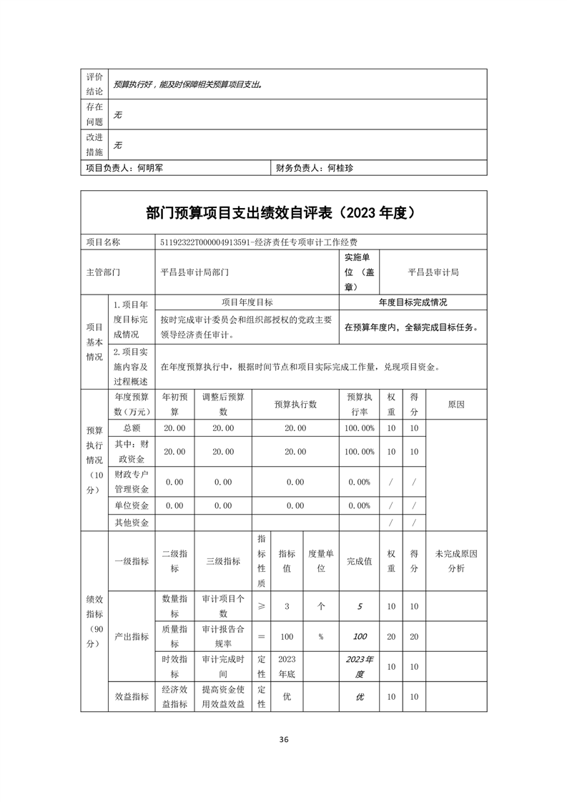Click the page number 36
(284, 739)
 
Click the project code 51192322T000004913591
(207, 242)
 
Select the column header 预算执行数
(295, 405)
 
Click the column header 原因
(456, 405)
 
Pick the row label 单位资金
(132, 505)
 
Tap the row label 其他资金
(132, 523)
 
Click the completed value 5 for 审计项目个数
(360, 606)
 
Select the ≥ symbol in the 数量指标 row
(261, 606)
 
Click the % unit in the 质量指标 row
(321, 636)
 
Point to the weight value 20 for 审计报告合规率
(391, 636)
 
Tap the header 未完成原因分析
(456, 561)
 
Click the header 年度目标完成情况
(413, 302)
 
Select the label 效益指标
(132, 696)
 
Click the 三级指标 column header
(223, 561)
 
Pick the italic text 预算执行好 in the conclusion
(136, 84)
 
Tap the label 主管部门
(103, 272)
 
